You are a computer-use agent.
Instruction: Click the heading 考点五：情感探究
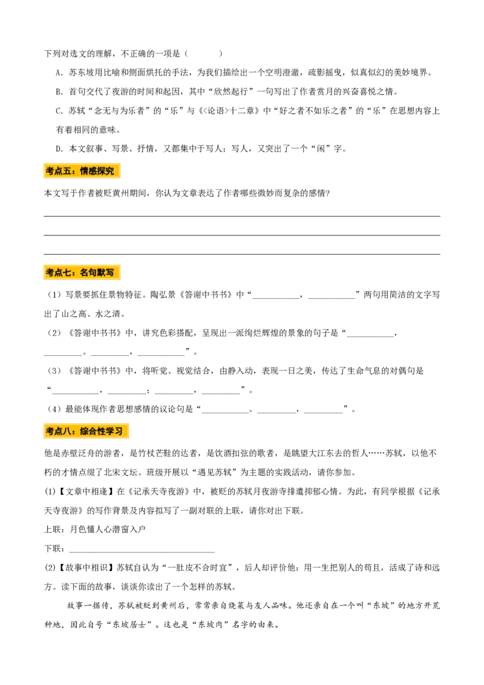82,171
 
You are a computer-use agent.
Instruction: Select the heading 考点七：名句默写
82,272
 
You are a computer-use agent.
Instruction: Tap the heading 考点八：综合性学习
86,431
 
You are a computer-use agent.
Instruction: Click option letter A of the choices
60,73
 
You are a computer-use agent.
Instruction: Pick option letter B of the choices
60,92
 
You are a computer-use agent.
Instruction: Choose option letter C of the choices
60,111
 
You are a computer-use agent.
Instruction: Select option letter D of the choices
60,149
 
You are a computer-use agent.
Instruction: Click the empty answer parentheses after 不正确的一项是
203,54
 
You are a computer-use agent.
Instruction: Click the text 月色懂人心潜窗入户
108,529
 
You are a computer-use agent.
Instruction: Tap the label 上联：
56,529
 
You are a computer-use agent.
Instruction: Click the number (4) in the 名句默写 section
54,409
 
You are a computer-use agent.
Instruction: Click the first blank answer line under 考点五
242,216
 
